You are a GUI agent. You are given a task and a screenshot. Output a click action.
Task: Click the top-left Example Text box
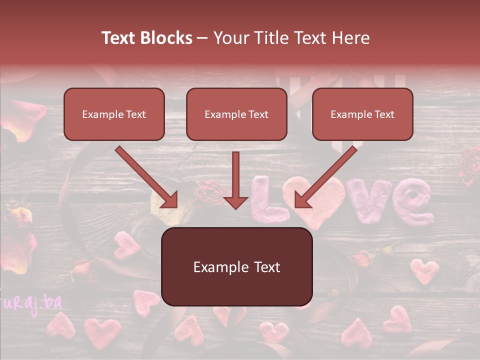[x=114, y=114]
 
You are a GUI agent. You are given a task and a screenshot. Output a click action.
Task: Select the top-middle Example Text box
[x=236, y=114]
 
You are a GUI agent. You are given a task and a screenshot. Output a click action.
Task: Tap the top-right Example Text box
[x=362, y=114]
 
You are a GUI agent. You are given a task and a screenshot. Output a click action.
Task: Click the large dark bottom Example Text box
[x=236, y=266]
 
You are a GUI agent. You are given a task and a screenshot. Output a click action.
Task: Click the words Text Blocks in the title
[x=147, y=38]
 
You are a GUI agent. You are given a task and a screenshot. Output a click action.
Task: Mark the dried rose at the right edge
[x=470, y=165]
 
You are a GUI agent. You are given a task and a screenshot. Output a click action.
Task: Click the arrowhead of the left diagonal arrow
[x=170, y=201]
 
